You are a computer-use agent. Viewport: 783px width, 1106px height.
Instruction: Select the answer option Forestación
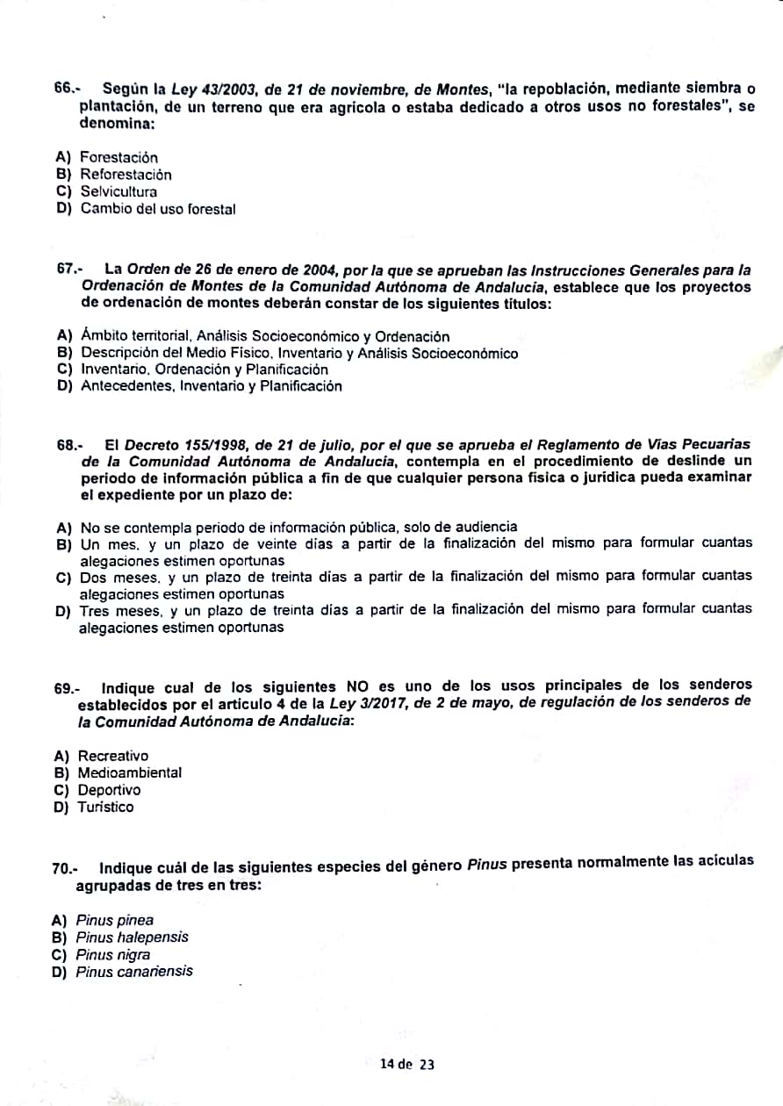pos(119,157)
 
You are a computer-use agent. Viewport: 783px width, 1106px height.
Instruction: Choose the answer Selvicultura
pos(119,191)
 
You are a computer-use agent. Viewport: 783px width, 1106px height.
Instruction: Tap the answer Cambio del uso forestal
pos(158,209)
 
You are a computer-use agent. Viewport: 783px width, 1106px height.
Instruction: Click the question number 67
pos(68,269)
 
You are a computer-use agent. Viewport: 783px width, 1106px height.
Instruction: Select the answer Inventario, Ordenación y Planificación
pos(204,370)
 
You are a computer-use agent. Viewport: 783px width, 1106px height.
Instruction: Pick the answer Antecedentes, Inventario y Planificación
pos(211,386)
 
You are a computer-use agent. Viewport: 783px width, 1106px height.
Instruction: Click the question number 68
pos(68,445)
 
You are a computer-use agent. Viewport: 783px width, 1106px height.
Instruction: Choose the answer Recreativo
pos(112,756)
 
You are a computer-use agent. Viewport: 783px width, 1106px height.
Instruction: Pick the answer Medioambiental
pos(129,773)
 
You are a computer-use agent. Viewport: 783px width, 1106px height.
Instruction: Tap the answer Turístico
pos(105,808)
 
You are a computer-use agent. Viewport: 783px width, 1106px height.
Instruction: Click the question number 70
pos(64,868)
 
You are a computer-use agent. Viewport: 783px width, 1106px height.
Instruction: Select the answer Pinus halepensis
pos(132,937)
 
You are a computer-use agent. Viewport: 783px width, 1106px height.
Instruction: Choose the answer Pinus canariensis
pos(134,972)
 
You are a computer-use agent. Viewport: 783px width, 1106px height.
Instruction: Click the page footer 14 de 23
pos(406,1065)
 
